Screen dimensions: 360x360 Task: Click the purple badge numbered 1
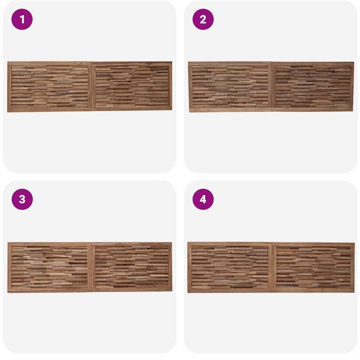pos(22,19)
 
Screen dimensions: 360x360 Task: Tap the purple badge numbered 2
pos(203,19)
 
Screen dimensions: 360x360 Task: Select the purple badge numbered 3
pos(22,199)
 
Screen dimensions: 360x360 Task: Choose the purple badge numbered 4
pos(203,199)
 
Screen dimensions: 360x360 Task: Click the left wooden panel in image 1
pos(50,87)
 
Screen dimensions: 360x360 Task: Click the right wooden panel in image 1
pos(132,86)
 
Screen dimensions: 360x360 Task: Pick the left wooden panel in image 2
pos(230,87)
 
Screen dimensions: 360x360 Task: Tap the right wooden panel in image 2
pos(313,87)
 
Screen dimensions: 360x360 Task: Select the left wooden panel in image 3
pos(50,267)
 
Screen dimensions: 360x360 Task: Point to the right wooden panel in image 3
pos(132,267)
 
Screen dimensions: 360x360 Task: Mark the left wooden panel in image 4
pos(230,267)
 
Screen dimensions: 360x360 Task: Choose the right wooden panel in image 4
pos(313,267)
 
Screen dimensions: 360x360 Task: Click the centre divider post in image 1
pos(92,87)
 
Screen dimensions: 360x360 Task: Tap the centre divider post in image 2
pos(272,87)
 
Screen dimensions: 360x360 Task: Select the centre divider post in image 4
pos(272,267)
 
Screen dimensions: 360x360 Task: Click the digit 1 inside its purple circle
pos(22,20)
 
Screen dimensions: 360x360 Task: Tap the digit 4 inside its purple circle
pos(203,199)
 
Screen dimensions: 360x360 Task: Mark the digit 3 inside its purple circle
pos(22,199)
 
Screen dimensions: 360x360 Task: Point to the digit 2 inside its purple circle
pos(203,20)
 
